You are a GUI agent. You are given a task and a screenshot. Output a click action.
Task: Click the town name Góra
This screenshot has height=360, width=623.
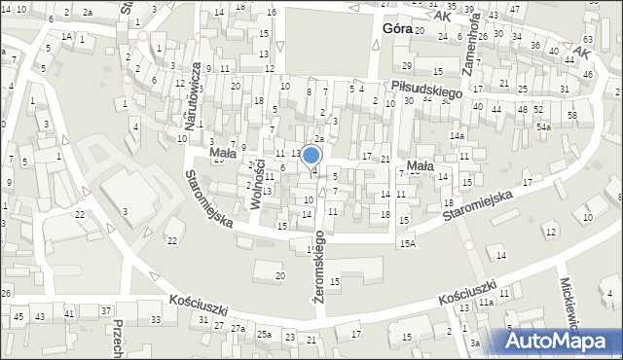coord(391,29)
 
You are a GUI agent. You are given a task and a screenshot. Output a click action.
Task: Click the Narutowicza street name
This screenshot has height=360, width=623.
coord(196,91)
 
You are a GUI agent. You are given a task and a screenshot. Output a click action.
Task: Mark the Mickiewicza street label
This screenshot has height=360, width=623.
coord(569,303)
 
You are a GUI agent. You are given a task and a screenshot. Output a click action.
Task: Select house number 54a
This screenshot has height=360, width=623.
coord(543,127)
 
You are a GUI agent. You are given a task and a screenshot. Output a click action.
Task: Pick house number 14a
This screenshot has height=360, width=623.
coord(457,135)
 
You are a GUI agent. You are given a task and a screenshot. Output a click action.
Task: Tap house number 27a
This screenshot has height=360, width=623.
coord(238,329)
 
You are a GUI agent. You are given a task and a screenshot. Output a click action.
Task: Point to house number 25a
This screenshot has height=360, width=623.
coord(264,334)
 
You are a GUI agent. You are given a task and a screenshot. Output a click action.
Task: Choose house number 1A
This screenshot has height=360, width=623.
coord(66,36)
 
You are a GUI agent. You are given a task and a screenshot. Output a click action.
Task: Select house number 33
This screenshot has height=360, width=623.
coord(156,319)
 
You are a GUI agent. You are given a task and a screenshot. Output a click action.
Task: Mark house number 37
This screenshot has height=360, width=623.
coord(105,310)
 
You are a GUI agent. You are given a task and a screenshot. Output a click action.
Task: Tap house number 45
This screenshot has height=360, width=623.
coord(18,317)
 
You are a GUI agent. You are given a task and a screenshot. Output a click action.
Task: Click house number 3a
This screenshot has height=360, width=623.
coord(475,343)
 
